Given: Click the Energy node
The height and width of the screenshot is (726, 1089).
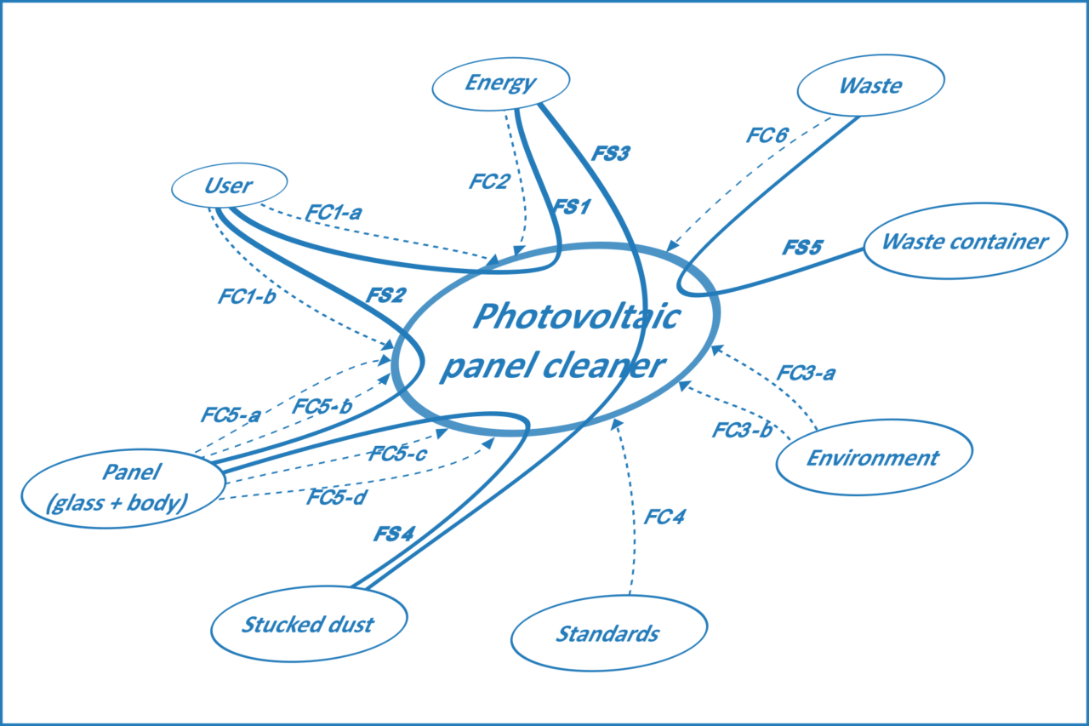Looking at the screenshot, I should click(500, 83).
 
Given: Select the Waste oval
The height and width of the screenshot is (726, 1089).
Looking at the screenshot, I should click(870, 85).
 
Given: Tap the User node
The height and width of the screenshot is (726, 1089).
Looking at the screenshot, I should click(229, 185).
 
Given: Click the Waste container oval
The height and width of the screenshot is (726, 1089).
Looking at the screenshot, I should click(965, 241).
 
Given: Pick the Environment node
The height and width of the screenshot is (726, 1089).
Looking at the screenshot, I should click(873, 457).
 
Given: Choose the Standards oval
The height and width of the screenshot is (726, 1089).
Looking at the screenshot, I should click(607, 633).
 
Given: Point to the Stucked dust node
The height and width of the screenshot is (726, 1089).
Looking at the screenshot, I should click(308, 624).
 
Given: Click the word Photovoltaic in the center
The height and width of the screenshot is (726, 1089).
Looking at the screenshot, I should click(576, 317).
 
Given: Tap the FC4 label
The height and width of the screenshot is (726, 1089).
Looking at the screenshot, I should click(664, 517).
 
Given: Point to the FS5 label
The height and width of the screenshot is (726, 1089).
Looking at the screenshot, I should click(802, 249).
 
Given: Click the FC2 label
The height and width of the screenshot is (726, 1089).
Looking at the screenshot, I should click(488, 181).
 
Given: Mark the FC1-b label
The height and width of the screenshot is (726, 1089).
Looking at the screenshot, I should click(246, 298).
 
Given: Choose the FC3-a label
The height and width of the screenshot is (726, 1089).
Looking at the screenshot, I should click(807, 373).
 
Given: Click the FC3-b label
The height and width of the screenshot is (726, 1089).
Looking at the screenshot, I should click(742, 430).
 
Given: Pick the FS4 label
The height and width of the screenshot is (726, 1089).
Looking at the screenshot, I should click(393, 534).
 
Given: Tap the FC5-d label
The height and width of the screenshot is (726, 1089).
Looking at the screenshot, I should click(337, 497).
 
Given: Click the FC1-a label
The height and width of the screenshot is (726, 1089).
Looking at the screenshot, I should click(334, 214).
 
